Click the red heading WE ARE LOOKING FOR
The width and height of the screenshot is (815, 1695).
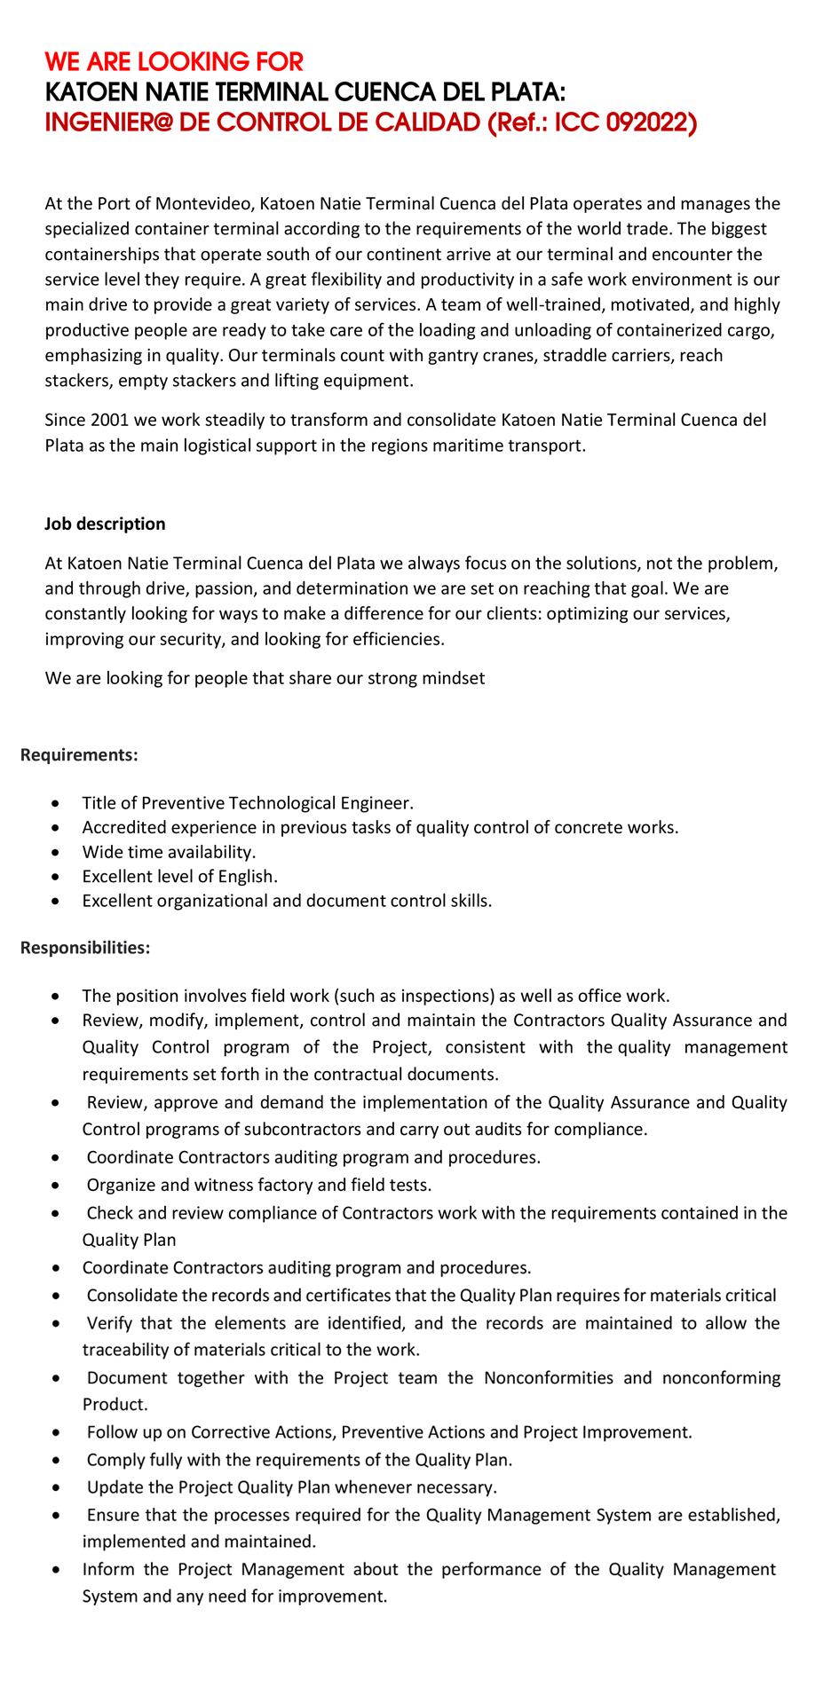pyautogui.click(x=174, y=62)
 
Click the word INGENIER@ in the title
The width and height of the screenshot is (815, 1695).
pyautogui.click(x=108, y=122)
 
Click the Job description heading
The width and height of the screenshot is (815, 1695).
pyautogui.click(x=105, y=524)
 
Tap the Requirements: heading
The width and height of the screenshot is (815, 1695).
pyautogui.click(x=79, y=755)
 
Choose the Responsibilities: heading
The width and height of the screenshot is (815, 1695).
pyautogui.click(x=85, y=948)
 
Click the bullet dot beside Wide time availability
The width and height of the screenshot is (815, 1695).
pyautogui.click(x=57, y=853)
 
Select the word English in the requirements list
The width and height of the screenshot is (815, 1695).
pyautogui.click(x=246, y=877)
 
